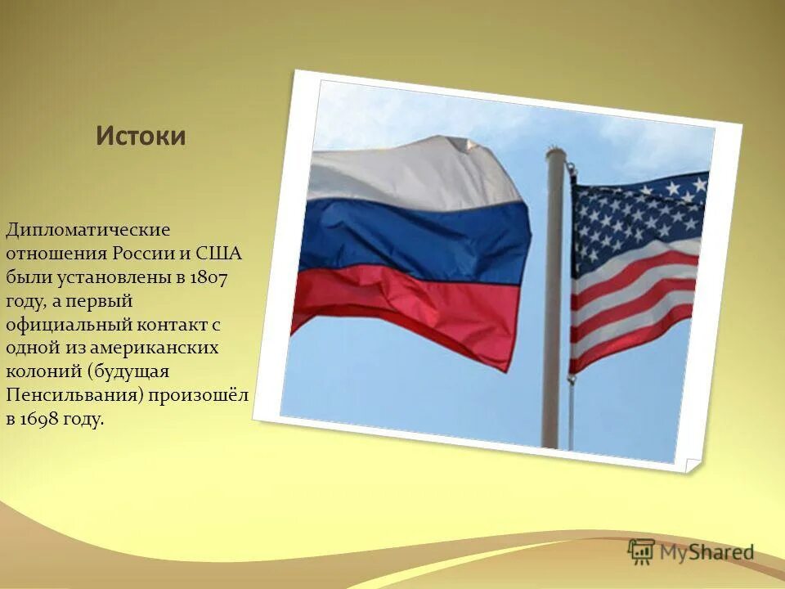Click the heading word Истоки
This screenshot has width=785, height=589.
coord(141,136)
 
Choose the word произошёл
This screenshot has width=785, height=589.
coord(209,396)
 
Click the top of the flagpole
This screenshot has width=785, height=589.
coord(555,152)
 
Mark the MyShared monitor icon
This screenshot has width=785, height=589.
coord(641,551)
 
